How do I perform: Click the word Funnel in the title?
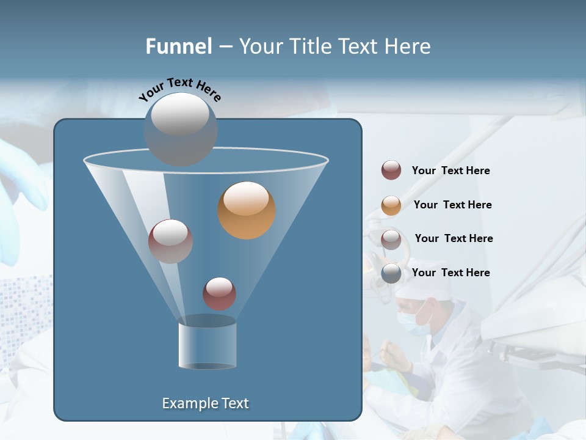[x=178, y=46]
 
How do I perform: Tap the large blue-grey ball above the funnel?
[x=180, y=129]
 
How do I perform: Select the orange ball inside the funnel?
[x=246, y=210]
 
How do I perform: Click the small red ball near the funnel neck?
[x=219, y=293]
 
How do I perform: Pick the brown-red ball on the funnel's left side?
[x=170, y=241]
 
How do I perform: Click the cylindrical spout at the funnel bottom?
[x=207, y=345]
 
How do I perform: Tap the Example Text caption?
[x=205, y=403]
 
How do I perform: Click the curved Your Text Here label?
[x=179, y=89]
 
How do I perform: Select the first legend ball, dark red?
[x=391, y=170]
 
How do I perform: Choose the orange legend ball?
[x=391, y=205]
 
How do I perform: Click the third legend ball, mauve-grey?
[x=391, y=239]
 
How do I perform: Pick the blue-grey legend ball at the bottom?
[x=391, y=273]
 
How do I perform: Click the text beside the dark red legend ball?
[x=450, y=170]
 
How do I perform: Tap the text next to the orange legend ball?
[x=452, y=205]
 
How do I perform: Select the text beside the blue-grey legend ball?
[x=450, y=273]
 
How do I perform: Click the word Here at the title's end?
[x=408, y=46]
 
